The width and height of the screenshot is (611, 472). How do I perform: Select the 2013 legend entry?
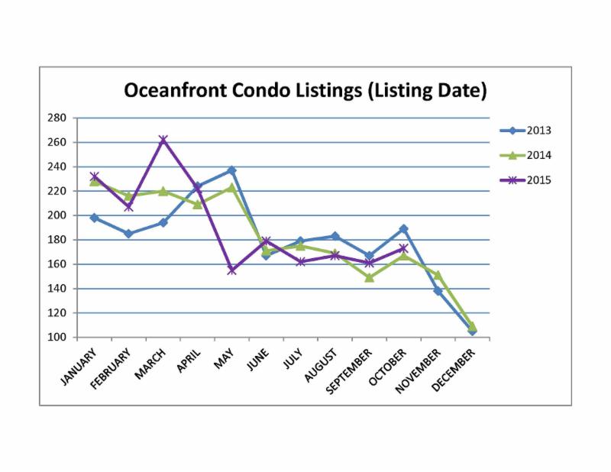[539, 131]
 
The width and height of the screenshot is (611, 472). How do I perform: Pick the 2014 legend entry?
[539, 155]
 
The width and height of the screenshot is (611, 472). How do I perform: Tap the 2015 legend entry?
[539, 180]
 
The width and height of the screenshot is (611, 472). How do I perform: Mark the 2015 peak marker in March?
[163, 140]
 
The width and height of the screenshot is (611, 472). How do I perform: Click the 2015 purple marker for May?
[231, 270]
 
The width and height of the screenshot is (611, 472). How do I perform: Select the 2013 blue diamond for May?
[231, 170]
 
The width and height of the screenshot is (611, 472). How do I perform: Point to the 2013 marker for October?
[403, 229]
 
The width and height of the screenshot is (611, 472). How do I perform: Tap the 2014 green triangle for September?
[369, 278]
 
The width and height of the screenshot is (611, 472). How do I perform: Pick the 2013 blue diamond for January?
[94, 218]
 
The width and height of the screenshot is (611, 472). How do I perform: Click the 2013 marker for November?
[438, 291]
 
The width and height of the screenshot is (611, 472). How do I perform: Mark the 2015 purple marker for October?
[403, 248]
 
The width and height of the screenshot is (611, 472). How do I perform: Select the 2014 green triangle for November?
[438, 275]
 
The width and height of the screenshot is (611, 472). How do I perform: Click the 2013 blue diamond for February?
[128, 234]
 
